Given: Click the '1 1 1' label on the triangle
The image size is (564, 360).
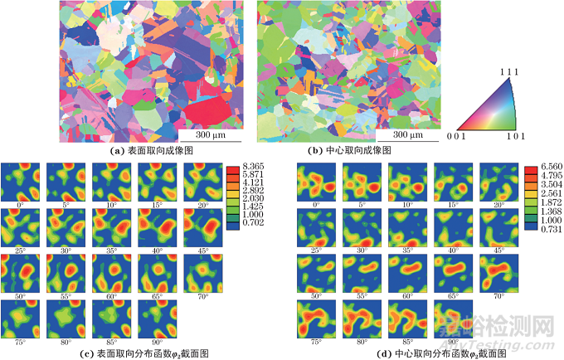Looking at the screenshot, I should [x=508, y=71].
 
